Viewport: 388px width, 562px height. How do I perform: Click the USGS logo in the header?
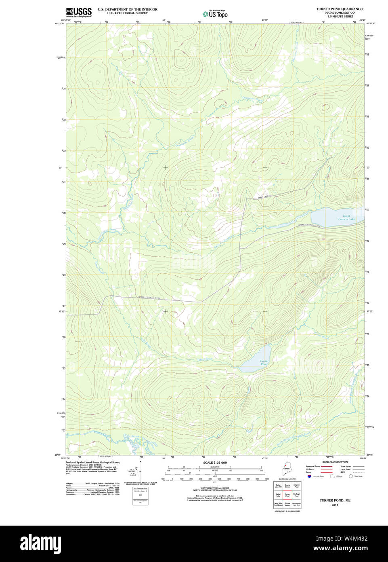coord(79,12)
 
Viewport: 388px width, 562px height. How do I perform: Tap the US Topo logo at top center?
coord(215,14)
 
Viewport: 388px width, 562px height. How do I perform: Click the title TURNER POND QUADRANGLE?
coord(340,9)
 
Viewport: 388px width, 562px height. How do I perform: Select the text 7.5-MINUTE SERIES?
coord(340,17)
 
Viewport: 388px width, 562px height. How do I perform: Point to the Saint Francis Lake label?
coord(346,217)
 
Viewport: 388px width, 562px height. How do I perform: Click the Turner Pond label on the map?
coord(264,362)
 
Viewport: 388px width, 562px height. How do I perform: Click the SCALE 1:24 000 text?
coord(215,463)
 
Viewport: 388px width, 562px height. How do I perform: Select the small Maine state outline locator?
coord(287,470)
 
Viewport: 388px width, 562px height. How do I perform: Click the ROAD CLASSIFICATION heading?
coord(335,462)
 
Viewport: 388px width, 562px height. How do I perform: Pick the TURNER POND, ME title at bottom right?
coord(335,500)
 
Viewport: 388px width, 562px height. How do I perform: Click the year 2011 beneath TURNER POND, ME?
coord(335,505)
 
